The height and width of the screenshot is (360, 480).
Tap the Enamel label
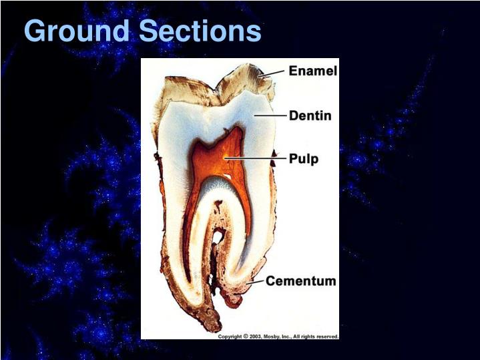[312, 71]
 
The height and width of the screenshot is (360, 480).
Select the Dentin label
[310, 116]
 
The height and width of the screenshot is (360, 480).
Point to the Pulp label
[304, 159]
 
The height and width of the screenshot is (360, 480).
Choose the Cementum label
[300, 281]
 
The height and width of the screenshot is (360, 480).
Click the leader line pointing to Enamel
[274, 72]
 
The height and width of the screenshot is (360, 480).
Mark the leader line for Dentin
[270, 116]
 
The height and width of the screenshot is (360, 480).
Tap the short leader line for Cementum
[256, 283]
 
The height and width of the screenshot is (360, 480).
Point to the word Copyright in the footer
[230, 337]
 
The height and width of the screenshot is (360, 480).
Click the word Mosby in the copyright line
[275, 337]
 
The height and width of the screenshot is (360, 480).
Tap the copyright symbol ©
[245, 337]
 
